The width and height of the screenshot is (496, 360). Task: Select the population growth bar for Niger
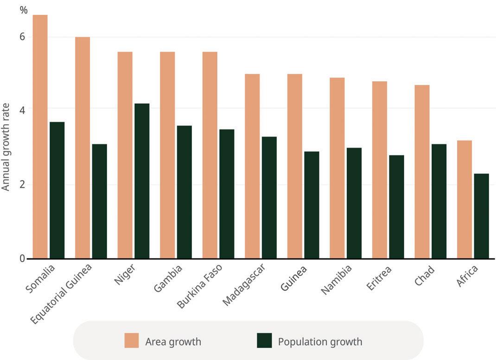click(x=142, y=181)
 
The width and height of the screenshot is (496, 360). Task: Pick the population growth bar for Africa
click(x=481, y=216)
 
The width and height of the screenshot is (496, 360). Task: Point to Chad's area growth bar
click(x=422, y=172)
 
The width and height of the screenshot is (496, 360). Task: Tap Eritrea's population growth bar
click(x=396, y=207)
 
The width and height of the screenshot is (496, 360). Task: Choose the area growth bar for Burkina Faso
click(x=210, y=155)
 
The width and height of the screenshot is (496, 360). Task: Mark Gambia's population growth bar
click(x=184, y=192)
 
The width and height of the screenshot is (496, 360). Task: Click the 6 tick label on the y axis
click(x=22, y=37)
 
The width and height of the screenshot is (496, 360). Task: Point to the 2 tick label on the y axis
click(x=22, y=185)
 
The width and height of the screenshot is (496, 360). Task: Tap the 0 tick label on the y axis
click(x=22, y=258)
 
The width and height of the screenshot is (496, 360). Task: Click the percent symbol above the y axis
click(x=24, y=10)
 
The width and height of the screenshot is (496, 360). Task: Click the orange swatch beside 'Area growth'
click(x=132, y=341)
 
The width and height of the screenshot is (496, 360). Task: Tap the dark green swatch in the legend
click(x=264, y=341)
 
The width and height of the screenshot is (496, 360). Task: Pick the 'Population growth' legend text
click(x=320, y=342)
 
